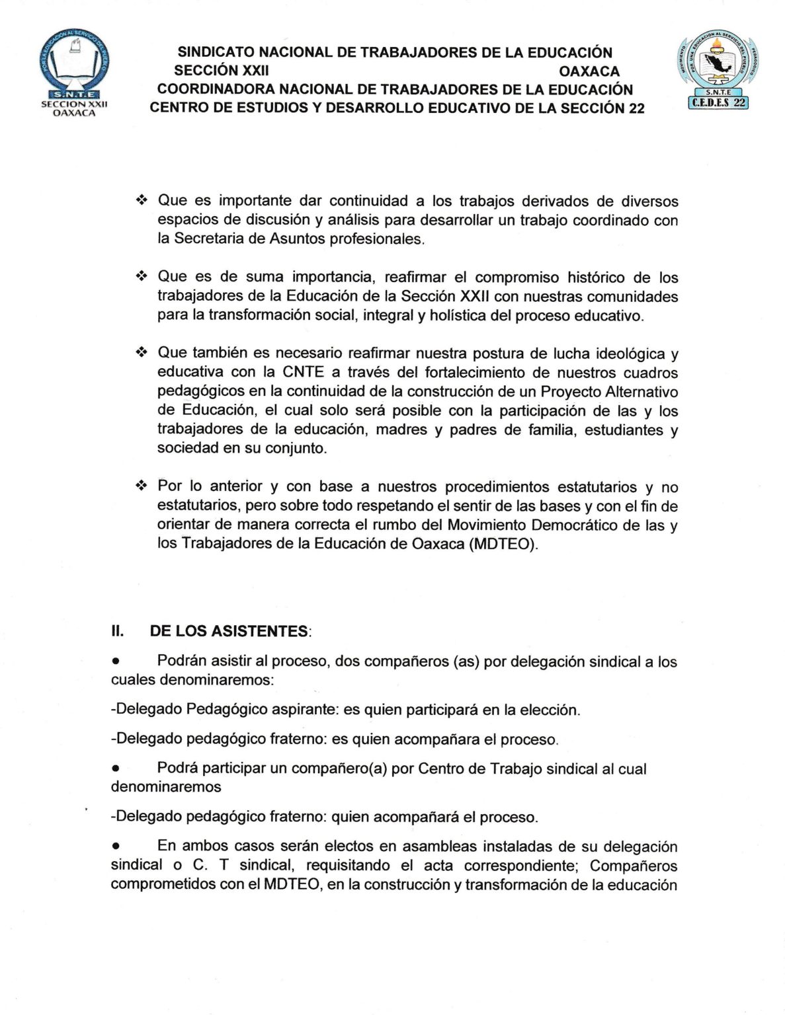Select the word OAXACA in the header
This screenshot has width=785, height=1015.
pos(589,71)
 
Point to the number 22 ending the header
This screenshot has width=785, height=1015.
pos(636,108)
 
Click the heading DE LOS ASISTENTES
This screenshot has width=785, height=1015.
pos(229,631)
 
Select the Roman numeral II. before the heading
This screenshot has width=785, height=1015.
pos(118,631)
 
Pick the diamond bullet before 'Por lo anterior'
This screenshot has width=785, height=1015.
pos(141,486)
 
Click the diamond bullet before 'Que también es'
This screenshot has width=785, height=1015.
pos(141,353)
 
